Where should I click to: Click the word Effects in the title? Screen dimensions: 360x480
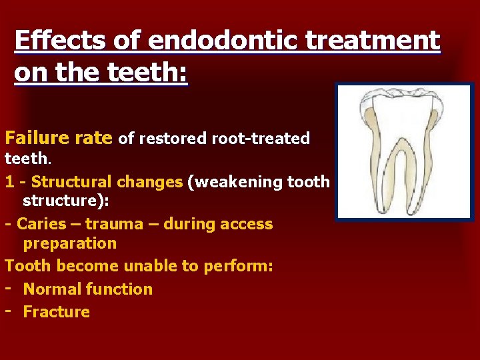(x=51, y=41)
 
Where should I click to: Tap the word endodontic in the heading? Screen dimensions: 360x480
(x=221, y=41)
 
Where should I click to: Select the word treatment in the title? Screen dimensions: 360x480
(x=373, y=41)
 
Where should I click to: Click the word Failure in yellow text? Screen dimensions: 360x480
(x=35, y=138)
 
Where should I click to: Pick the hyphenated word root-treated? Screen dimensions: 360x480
(x=261, y=139)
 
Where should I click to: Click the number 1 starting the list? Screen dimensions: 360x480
(x=9, y=181)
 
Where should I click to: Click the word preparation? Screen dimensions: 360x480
(x=69, y=243)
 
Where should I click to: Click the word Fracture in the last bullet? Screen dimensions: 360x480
(x=56, y=311)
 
